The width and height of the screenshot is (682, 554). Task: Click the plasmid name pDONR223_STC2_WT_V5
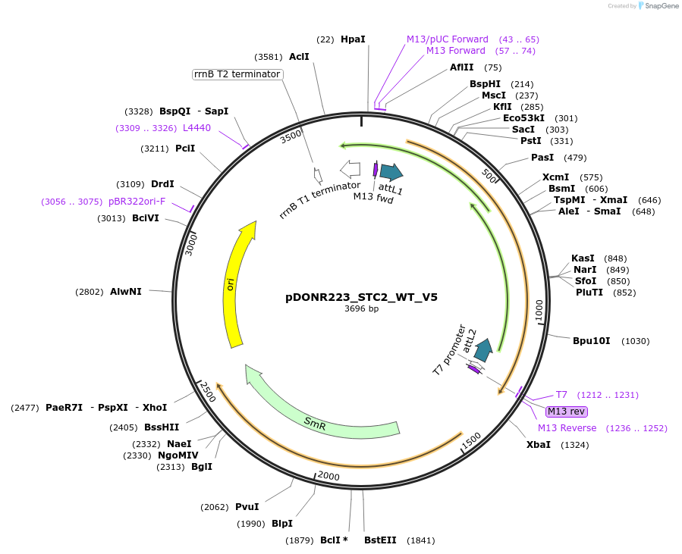click(x=361, y=297)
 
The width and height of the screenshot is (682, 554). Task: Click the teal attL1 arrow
click(x=391, y=173)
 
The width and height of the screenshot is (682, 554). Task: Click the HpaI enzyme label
click(x=353, y=39)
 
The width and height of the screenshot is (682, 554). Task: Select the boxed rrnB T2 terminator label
click(x=237, y=74)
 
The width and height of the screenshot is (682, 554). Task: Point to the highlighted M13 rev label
click(x=567, y=412)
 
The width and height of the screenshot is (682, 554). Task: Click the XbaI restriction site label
click(x=539, y=445)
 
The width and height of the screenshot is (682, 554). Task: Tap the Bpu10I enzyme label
click(x=592, y=341)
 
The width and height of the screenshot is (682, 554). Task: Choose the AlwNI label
click(x=126, y=292)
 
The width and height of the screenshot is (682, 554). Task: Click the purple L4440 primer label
click(x=197, y=128)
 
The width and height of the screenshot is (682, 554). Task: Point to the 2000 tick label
click(x=328, y=476)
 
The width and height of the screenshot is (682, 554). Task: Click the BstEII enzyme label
click(x=380, y=540)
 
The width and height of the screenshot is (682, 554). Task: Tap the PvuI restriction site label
click(x=247, y=507)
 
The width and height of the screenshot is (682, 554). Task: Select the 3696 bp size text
click(x=361, y=309)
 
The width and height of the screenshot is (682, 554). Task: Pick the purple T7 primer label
click(x=561, y=395)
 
